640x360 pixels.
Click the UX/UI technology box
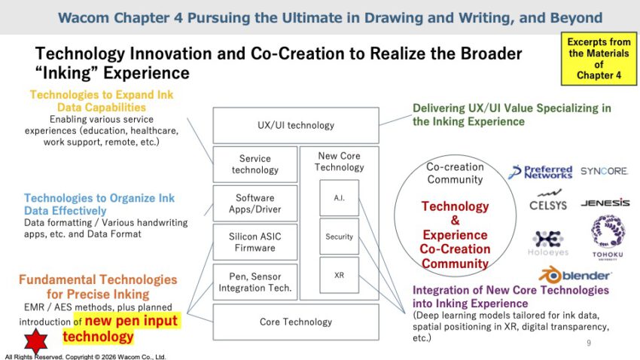click(x=296, y=125)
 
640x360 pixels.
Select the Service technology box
click(x=255, y=164)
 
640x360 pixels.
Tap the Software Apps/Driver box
click(x=255, y=203)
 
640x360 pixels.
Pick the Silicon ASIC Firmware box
click(x=255, y=242)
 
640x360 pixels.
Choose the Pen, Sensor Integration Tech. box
click(x=255, y=282)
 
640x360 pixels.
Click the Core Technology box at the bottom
click(x=296, y=322)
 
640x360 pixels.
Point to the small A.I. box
click(x=339, y=198)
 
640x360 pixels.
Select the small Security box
click(x=339, y=236)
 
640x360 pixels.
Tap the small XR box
click(x=339, y=275)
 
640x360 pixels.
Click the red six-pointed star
click(x=36, y=341)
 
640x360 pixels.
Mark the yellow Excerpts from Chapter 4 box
click(x=599, y=59)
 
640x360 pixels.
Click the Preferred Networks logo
click(x=540, y=172)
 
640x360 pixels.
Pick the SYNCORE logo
click(x=604, y=171)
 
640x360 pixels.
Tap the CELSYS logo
click(x=548, y=200)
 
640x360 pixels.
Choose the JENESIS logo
click(x=605, y=203)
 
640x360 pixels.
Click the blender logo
click(x=574, y=275)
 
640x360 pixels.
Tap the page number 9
click(x=589, y=343)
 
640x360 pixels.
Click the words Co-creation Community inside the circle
click(x=455, y=173)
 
